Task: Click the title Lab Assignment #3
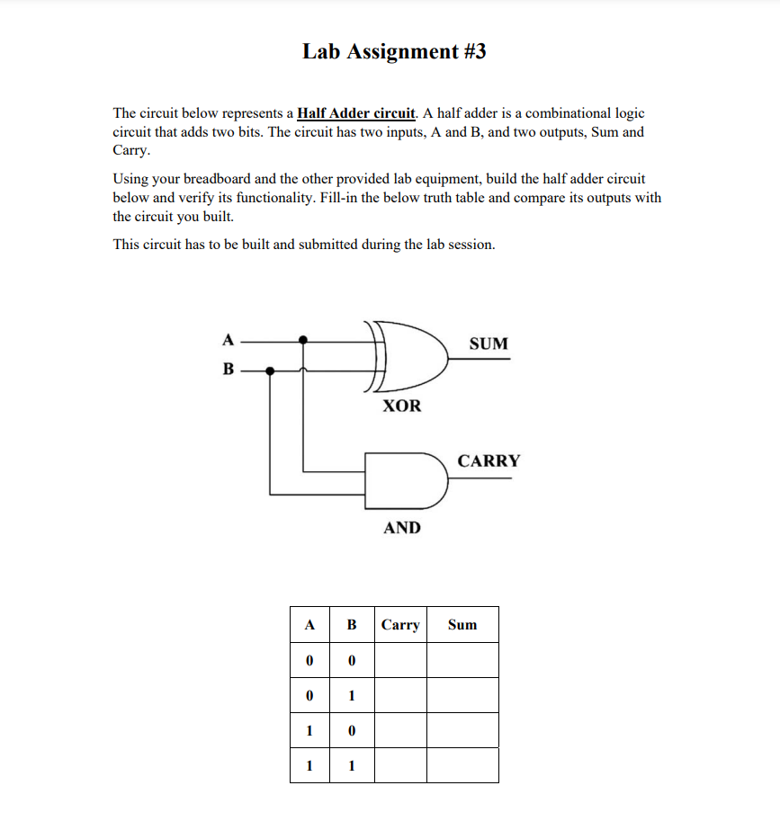394,51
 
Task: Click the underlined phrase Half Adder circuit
356,113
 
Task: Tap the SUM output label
489,344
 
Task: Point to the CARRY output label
489,461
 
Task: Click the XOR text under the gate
401,406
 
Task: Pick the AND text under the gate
401,528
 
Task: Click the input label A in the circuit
228,340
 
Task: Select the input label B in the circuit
228,369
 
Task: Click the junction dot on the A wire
303,340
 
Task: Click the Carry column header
400,624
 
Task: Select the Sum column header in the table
462,624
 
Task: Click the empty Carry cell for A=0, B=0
400,660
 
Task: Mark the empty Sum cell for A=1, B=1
462,765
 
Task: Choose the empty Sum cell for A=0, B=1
462,695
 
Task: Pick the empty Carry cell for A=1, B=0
400,730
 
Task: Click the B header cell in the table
352,624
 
